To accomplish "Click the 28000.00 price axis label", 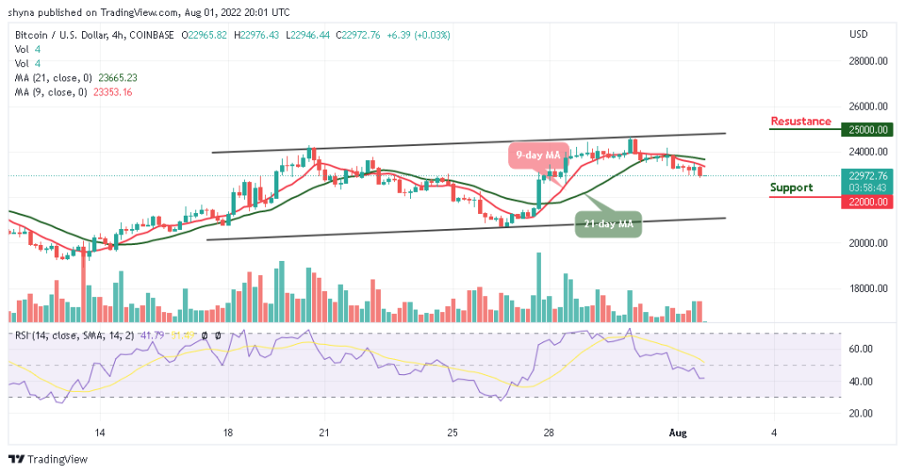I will (870, 61).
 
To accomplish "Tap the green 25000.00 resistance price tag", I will (870, 129).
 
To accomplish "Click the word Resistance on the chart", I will (801, 121).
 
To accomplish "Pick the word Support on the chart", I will (791, 187).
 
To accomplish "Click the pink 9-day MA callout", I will (537, 156).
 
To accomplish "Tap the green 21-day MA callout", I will (608, 226).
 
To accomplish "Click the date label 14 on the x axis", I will (101, 432).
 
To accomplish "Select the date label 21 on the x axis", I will (323, 432).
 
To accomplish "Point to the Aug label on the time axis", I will (678, 432).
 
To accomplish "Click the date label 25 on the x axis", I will (452, 432).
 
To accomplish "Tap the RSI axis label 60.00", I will (863, 349).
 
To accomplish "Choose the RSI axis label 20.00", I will (863, 413).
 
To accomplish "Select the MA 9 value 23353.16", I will (114, 91).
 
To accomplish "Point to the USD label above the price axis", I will (859, 34).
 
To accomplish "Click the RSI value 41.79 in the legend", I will (148, 335).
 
